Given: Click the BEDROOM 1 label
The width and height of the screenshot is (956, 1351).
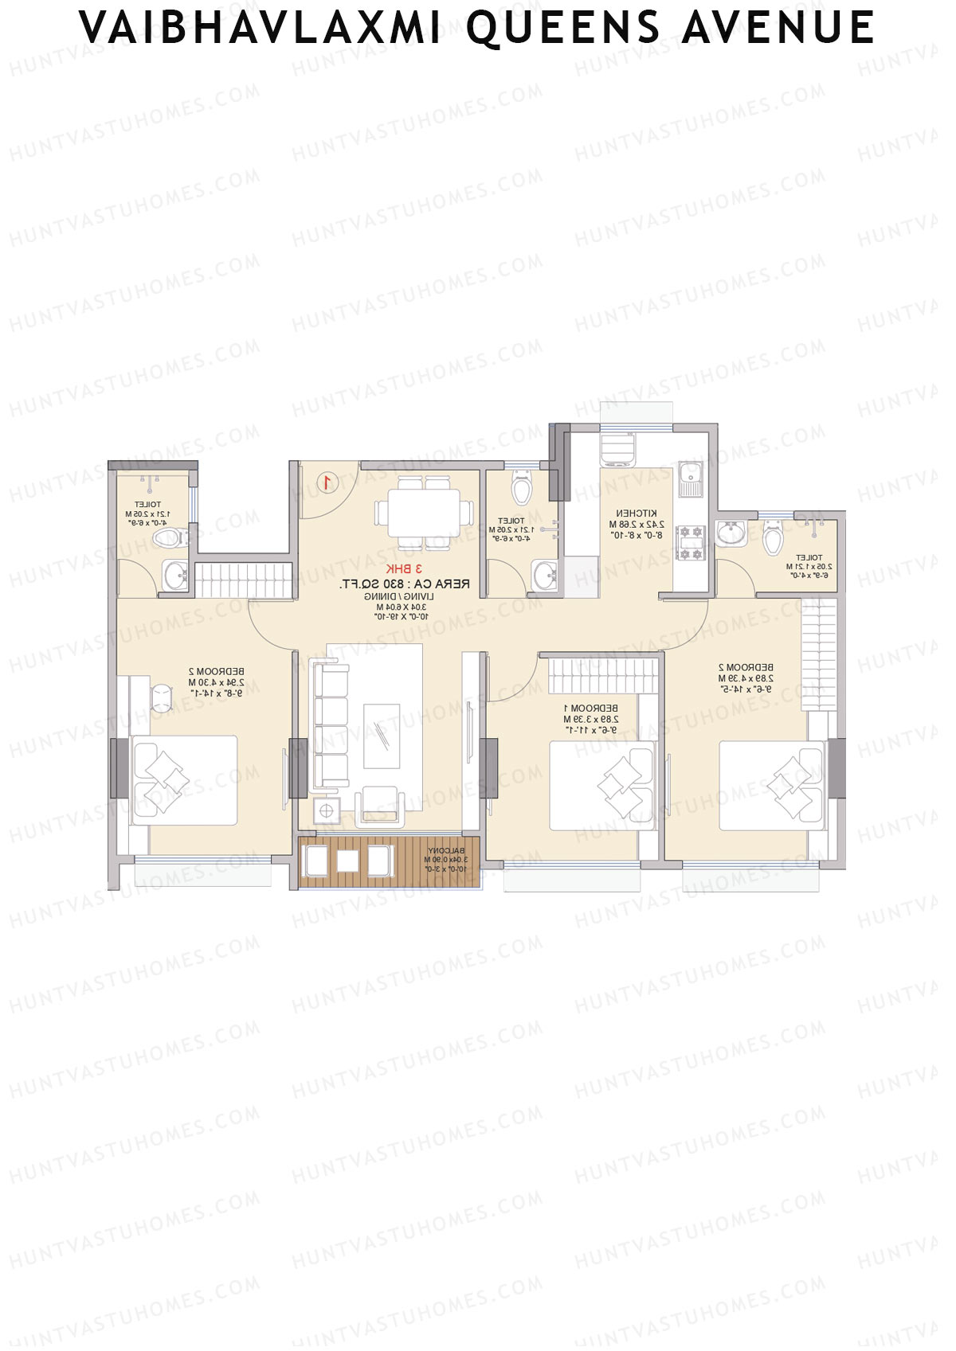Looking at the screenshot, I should (x=590, y=708).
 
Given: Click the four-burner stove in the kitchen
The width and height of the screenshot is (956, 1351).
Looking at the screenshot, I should (x=690, y=542).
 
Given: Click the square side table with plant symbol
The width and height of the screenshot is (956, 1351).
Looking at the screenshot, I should (x=326, y=810).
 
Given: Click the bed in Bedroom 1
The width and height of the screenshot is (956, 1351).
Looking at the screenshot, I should (x=601, y=785).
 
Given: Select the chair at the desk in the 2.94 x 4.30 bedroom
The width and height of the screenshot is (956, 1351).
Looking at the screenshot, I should (x=163, y=697).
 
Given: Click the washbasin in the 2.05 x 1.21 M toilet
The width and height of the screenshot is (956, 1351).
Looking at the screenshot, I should (x=731, y=532).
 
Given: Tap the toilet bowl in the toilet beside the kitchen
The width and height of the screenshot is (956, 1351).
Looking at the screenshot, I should (x=522, y=489).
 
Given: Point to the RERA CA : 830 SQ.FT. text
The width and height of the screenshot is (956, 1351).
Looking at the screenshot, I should (x=404, y=584).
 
